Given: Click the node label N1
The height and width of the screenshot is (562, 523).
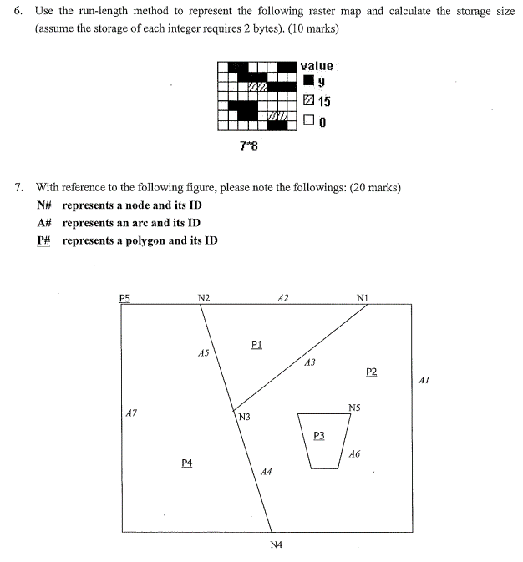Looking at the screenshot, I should [362, 297].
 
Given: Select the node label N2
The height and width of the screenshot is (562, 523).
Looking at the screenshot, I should [204, 297].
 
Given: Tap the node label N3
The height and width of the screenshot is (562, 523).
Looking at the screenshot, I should [245, 417].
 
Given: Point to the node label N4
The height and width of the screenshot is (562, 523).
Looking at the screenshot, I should [276, 544].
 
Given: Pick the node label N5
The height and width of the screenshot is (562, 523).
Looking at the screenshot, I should [354, 407].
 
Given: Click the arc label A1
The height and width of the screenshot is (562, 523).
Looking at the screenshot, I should [423, 380].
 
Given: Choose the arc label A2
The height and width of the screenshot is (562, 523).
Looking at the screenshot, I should [282, 297].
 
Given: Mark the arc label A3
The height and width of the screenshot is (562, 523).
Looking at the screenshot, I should [310, 362].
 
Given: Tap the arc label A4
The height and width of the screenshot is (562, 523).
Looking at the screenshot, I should [266, 472].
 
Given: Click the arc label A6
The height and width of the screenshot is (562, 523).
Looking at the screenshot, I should [355, 453].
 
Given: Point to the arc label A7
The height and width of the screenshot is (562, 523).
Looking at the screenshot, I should [129, 411].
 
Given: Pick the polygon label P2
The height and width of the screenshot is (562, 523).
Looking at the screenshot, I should [372, 372].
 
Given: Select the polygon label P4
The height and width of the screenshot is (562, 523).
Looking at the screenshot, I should [187, 462].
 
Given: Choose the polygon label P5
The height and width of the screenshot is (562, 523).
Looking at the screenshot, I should [125, 297].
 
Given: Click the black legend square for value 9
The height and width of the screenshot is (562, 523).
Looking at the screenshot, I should [309, 82].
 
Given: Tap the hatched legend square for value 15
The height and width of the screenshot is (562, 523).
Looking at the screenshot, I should [309, 101].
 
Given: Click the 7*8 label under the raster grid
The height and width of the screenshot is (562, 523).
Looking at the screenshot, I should [248, 147].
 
